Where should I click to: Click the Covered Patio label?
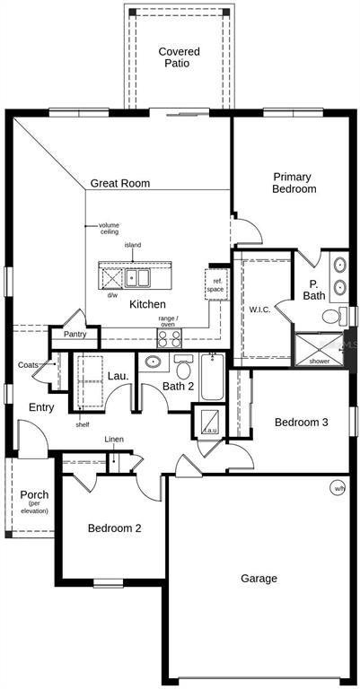point(179,57)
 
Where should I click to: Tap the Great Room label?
point(120,183)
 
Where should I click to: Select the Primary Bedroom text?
point(294,183)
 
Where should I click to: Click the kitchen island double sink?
point(137,278)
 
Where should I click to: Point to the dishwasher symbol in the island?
point(111,278)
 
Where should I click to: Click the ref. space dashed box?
point(216,284)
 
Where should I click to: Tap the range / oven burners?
point(170,338)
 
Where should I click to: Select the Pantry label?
point(75,335)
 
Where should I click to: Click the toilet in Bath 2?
point(184,366)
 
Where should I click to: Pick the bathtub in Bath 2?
point(213,377)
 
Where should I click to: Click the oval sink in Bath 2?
point(153,362)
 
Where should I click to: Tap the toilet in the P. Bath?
point(335,316)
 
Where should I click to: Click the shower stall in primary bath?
point(320,349)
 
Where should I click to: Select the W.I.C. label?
point(261,310)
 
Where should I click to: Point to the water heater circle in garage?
point(338,488)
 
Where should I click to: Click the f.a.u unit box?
point(210,423)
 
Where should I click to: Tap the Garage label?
point(259,579)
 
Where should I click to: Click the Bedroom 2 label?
point(114,528)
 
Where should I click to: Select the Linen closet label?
point(114,439)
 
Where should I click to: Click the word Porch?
point(34,495)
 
